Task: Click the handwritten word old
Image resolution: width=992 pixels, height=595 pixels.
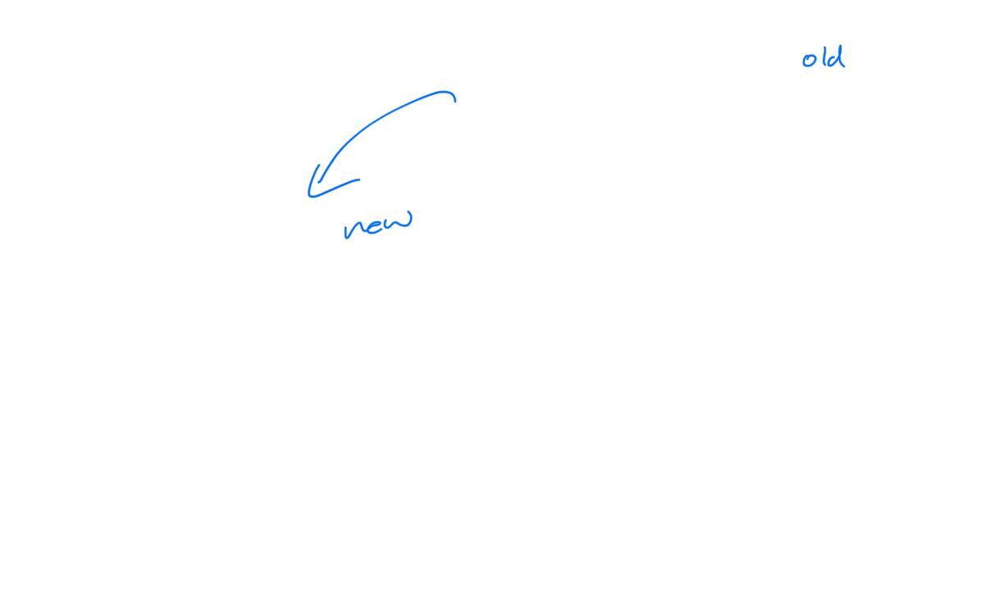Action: coord(824,57)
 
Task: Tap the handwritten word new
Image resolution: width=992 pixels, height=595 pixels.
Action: coord(378,225)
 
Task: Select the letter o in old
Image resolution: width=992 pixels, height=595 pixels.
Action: coord(809,61)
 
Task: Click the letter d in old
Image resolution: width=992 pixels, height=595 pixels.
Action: coord(836,57)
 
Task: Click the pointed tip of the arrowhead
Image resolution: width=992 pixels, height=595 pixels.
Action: coord(309,196)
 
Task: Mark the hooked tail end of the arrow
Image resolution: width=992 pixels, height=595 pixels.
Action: coord(455,102)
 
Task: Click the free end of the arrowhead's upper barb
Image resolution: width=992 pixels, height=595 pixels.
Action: coord(319,165)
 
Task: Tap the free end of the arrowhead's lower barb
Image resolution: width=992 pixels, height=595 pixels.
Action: coord(359,179)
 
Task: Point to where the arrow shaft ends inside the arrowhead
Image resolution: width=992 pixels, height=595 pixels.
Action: coord(318,183)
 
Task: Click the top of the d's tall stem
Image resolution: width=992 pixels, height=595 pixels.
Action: coord(841,46)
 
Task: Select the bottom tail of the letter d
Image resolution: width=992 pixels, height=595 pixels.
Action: coord(844,67)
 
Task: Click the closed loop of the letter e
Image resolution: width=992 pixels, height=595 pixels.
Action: coord(375,224)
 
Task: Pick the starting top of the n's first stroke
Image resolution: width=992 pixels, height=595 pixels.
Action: coord(344,226)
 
